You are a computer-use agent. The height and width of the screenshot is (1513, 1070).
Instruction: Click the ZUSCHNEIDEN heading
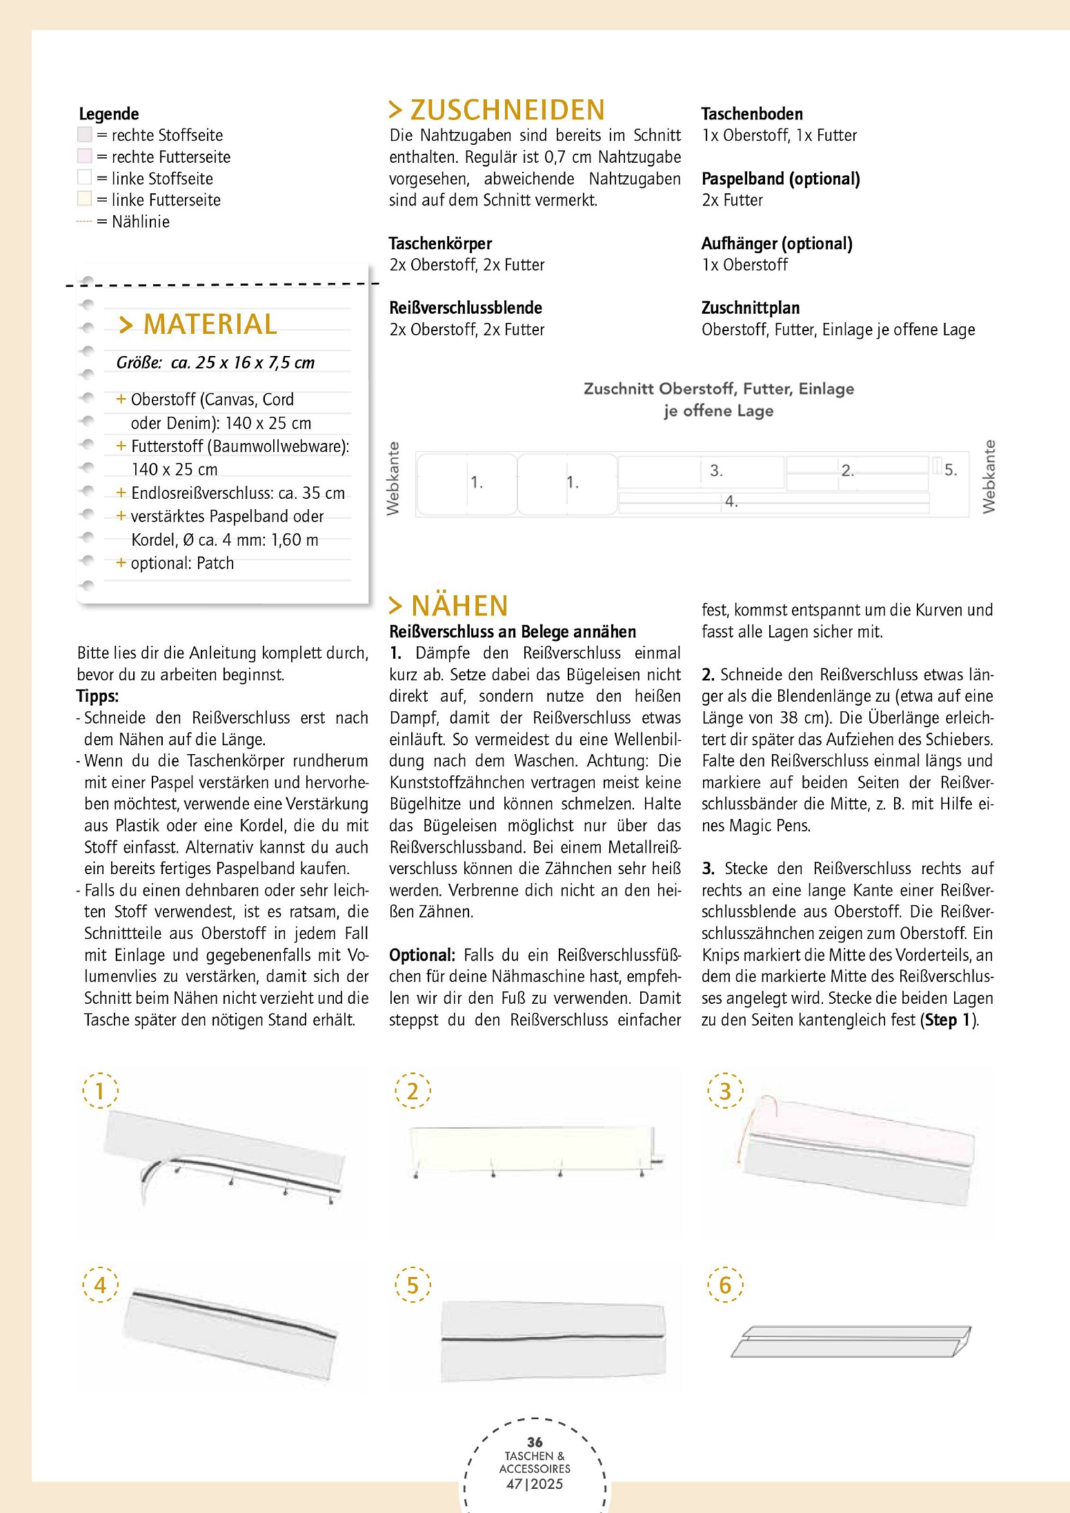(497, 110)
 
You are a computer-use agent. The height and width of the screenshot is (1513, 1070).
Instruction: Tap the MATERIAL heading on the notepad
(199, 324)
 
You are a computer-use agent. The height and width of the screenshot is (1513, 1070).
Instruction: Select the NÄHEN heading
(449, 606)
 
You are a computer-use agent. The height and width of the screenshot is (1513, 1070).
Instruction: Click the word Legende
(109, 114)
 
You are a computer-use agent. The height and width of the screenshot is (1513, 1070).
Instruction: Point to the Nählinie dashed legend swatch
(84, 221)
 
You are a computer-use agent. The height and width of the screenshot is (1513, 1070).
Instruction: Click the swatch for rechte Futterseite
(85, 157)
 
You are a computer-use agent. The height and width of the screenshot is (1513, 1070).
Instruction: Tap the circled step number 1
(100, 1091)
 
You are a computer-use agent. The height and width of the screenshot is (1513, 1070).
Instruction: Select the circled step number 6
(725, 1285)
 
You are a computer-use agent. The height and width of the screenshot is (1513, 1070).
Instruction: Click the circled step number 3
(725, 1091)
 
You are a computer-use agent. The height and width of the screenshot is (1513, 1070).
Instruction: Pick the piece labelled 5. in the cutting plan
(938, 466)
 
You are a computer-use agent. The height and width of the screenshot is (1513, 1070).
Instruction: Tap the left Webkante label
(393, 478)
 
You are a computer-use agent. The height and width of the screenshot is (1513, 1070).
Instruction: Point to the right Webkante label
(989, 477)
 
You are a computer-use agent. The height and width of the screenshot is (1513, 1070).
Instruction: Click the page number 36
(535, 1442)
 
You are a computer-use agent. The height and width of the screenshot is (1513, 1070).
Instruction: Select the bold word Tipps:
(98, 696)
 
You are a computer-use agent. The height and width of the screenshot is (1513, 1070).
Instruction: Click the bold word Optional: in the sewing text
(422, 956)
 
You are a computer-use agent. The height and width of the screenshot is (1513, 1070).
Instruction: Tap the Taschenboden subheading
(752, 114)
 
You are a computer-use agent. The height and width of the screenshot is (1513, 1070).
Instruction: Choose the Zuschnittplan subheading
(751, 308)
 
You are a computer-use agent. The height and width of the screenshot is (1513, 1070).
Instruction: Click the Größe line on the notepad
(215, 363)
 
